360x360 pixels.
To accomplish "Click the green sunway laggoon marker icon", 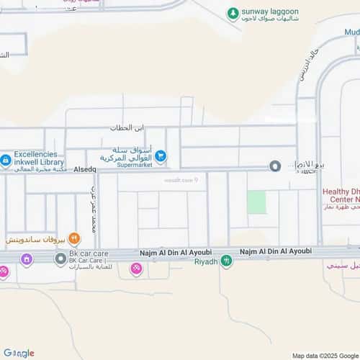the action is pos(233,13).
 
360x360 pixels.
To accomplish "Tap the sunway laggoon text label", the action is pos(269,12).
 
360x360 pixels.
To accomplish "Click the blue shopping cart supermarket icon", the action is pos(160,155).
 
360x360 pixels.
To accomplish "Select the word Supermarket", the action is pos(124,165).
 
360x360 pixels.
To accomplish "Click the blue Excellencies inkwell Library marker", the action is pos(6,159).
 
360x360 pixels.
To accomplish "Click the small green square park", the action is pos(256,202).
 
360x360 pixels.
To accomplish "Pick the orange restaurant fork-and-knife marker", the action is pos(73,238).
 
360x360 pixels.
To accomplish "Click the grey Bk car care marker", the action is pos(60,258).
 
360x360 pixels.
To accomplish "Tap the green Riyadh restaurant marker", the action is pos(227,261).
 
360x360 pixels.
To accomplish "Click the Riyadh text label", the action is pos(205,261).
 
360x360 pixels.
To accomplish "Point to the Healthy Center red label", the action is pos(341,197).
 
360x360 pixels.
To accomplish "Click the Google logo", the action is pos(19,353).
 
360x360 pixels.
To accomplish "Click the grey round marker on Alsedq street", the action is pos(275,166).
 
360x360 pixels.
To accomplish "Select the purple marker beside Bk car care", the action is pos(27,259).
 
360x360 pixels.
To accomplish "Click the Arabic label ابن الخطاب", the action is pos(127,127).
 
